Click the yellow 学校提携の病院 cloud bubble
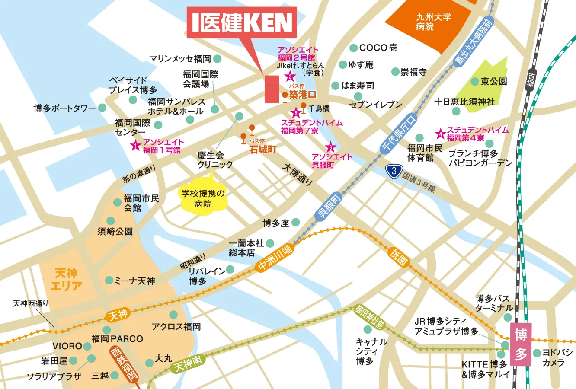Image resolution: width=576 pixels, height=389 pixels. pos(203,198)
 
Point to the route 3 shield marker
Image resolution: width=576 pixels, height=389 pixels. pos(394,171)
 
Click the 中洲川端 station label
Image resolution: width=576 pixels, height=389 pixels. pos(275,258)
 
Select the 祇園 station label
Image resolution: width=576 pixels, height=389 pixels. pos(398,256)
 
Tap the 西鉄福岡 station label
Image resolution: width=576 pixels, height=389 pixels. pos(124,364)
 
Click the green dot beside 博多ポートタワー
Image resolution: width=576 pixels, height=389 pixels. pos(102,108)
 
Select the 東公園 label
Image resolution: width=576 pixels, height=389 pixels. pos(494,81)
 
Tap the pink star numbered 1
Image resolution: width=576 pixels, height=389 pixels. pos(136,146)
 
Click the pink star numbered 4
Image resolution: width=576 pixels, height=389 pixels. pos(441,134)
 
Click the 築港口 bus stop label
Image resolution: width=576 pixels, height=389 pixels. pos(303,94)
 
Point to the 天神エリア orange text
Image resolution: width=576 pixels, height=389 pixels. pos(66,279)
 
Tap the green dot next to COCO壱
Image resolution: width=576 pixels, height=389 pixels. pos(353,48)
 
